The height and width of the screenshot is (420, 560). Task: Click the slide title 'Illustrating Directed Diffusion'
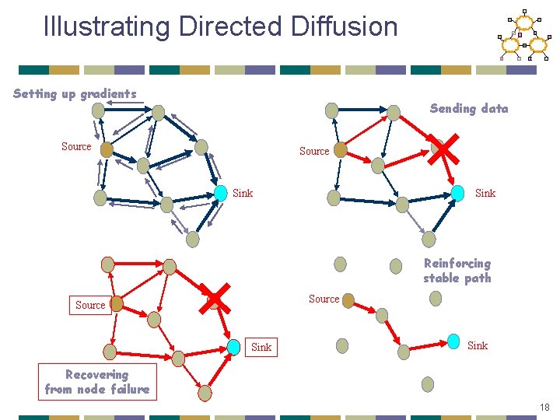coord(220,26)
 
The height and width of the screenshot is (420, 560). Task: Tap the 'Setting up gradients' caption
coord(75,94)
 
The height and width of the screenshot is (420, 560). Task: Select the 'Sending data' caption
coord(469,109)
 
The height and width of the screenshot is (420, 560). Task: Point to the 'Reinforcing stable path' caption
coord(457,271)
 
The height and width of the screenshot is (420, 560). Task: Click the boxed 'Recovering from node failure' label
coord(97,382)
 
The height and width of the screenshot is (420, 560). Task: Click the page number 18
coord(544,408)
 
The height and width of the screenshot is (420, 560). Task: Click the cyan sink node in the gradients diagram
coord(221,191)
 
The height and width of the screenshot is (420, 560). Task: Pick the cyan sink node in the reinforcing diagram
coord(453,342)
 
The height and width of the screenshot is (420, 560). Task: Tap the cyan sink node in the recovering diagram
coord(233,346)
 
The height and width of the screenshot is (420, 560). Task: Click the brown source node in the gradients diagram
coord(107,149)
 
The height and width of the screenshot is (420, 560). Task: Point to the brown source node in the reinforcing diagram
coord(348,300)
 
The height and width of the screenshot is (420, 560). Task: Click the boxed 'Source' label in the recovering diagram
coord(90,305)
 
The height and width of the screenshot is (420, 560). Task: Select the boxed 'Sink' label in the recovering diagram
coord(261,347)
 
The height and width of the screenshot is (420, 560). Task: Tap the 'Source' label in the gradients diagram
coord(76,146)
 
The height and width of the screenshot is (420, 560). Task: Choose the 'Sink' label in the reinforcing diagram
coord(478,345)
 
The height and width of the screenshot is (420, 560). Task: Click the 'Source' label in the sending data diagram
coord(314,151)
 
